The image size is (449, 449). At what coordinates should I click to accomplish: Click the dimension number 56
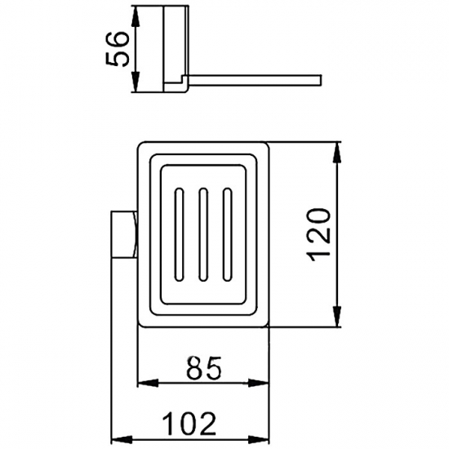117,49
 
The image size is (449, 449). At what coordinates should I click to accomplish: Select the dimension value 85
204,368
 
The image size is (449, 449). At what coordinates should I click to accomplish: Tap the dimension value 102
189,424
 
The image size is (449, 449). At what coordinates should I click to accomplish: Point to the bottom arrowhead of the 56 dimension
136,82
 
